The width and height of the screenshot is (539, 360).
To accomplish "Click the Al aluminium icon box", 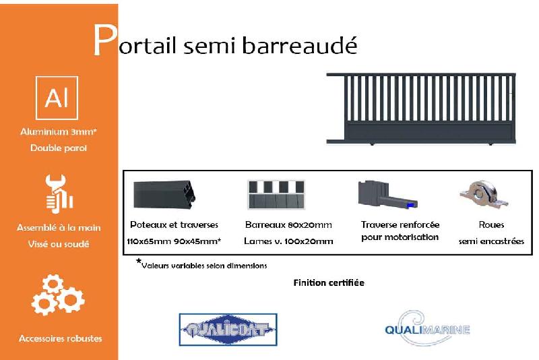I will point(57,98).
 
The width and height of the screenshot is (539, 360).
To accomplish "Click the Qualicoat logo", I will point(228,330).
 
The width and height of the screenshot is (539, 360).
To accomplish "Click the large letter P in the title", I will point(104,42).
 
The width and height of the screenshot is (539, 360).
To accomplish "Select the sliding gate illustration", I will point(421,108).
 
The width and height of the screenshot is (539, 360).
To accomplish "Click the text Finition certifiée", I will point(329,282).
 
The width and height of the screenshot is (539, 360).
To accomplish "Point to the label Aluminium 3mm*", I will point(59,133).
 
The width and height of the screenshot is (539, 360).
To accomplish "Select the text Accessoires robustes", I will point(61,338).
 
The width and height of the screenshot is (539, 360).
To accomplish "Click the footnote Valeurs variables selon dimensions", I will point(203,265).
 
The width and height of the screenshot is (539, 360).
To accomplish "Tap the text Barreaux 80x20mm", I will point(288,224).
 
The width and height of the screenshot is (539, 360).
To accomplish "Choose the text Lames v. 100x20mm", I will point(289,241).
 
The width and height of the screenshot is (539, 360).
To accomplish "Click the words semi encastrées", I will point(491,241).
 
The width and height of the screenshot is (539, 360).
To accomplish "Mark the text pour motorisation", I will point(400,237).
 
